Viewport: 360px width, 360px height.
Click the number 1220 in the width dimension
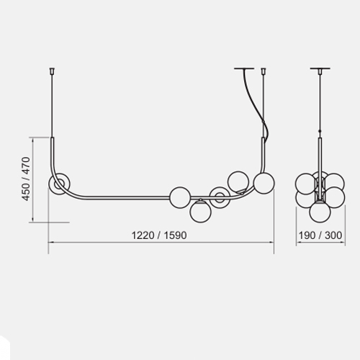[143, 235]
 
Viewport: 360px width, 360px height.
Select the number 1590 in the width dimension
[176, 235]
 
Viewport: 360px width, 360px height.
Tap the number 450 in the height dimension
[26, 192]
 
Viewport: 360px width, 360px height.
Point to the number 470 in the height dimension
[26, 166]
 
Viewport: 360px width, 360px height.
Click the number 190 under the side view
[307, 235]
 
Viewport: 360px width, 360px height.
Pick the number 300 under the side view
[333, 235]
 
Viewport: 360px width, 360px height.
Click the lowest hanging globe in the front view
[201, 212]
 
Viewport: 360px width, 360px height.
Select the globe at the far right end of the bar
[264, 183]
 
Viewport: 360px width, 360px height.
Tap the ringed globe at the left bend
[59, 184]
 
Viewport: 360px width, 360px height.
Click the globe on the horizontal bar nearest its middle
[180, 197]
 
